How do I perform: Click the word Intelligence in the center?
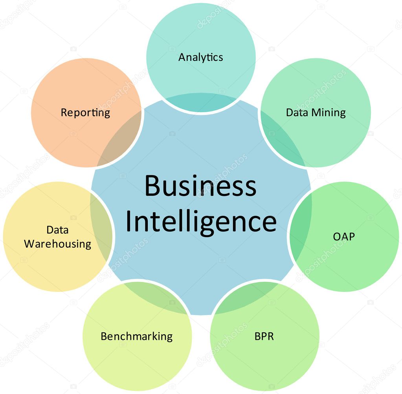click(x=201, y=222)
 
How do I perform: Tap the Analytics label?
click(x=200, y=57)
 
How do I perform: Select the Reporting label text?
click(x=85, y=113)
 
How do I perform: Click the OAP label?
click(x=344, y=237)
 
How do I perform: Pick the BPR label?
click(x=264, y=336)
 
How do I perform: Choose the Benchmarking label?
click(x=137, y=336)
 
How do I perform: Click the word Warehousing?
click(x=58, y=244)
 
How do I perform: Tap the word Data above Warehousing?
click(x=57, y=230)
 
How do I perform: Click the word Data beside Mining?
click(x=297, y=113)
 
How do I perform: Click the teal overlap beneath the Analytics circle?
click(x=201, y=102)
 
